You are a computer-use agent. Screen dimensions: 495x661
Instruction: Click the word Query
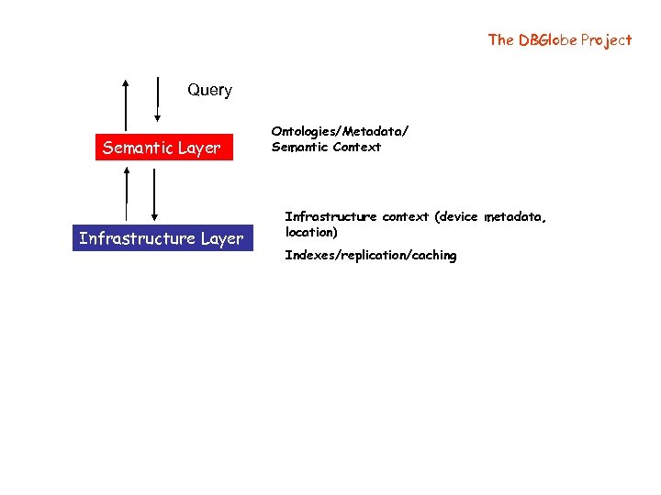coord(209,90)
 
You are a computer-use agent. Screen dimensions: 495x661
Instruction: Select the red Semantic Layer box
coord(162,148)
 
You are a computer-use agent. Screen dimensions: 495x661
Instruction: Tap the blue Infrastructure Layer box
coord(162,238)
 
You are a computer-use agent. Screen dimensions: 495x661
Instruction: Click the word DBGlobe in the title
coord(546,39)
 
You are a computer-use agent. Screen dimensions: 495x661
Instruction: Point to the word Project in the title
coord(606,39)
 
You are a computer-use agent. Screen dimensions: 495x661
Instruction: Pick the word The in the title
coord(500,39)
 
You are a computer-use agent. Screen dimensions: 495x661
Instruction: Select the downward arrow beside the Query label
coord(159,99)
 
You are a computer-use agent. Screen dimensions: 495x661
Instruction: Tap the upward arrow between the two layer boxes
coord(127,192)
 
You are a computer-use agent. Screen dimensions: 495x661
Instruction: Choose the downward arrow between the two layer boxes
coord(154,192)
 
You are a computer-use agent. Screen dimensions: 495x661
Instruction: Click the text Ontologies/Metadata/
coord(340,132)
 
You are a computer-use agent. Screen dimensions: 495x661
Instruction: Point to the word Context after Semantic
coord(357,147)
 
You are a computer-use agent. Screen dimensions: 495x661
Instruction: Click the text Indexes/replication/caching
coord(370,255)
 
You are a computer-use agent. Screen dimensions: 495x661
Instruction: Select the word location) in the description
coord(311,232)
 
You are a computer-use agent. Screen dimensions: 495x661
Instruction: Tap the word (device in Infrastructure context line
coord(456,217)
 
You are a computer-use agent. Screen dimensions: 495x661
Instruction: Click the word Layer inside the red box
coord(200,148)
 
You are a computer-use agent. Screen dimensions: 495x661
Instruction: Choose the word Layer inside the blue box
coord(222,238)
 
